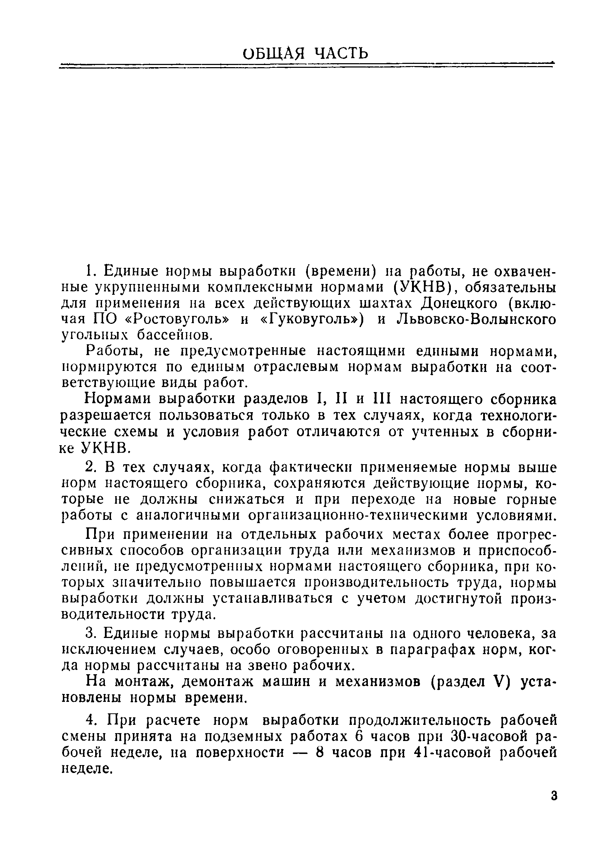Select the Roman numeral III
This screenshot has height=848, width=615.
[382, 399]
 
